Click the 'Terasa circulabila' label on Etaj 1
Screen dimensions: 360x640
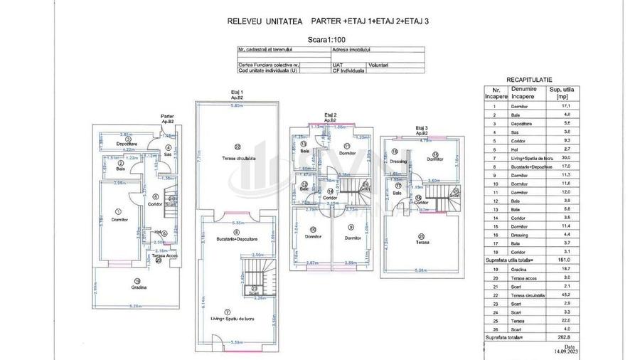click(238, 158)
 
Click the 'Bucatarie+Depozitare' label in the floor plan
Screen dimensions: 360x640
click(238, 239)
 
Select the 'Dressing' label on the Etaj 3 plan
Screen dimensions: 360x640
click(398, 162)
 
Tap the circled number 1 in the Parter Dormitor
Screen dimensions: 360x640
click(118, 211)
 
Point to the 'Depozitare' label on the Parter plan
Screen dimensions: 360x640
click(127, 144)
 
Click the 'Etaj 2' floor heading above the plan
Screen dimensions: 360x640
click(330, 115)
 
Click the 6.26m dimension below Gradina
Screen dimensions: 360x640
click(139, 306)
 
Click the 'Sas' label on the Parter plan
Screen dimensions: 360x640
click(168, 154)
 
